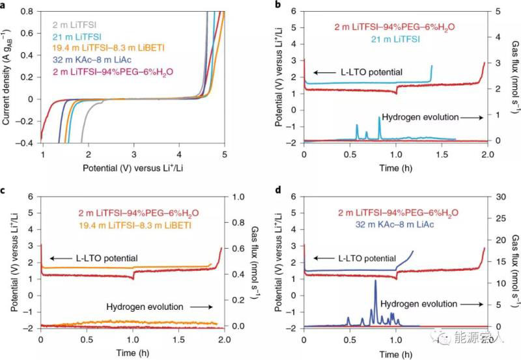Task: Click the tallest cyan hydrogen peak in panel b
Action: click(x=379, y=118)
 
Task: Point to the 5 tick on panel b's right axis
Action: click(x=498, y=12)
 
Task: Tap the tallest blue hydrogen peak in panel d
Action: click(x=376, y=281)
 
